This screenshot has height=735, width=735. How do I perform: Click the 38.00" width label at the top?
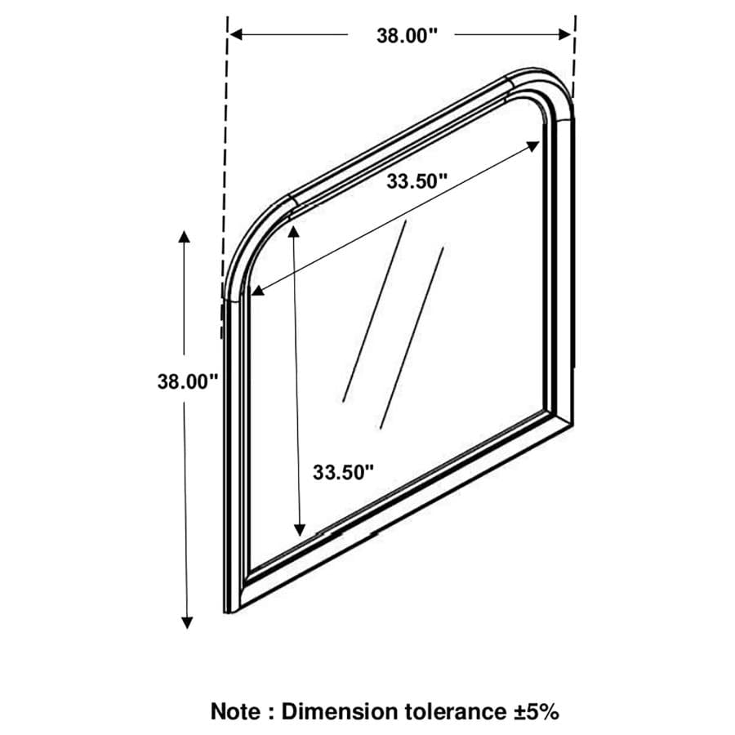click(x=407, y=36)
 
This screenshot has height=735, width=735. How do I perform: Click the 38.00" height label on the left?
click(x=188, y=381)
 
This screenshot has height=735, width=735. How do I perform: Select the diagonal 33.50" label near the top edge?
click(x=416, y=181)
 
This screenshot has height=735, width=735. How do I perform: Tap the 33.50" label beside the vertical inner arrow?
click(x=344, y=472)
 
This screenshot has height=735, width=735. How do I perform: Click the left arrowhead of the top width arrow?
click(x=236, y=34)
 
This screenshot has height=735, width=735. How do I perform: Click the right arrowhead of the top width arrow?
click(x=565, y=34)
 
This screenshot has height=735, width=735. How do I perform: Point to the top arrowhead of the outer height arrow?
click(x=184, y=236)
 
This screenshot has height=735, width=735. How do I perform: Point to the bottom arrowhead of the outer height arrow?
click(x=187, y=623)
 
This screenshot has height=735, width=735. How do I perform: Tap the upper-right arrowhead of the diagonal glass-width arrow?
click(x=533, y=146)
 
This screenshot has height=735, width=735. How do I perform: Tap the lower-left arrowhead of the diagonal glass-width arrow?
click(x=258, y=291)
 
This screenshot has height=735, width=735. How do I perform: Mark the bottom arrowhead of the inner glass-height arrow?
click(x=300, y=530)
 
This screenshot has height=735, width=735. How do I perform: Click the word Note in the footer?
click(x=235, y=711)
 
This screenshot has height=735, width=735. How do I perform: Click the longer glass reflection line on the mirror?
click(x=374, y=311)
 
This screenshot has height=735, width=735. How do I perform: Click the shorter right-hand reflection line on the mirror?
click(x=412, y=338)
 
